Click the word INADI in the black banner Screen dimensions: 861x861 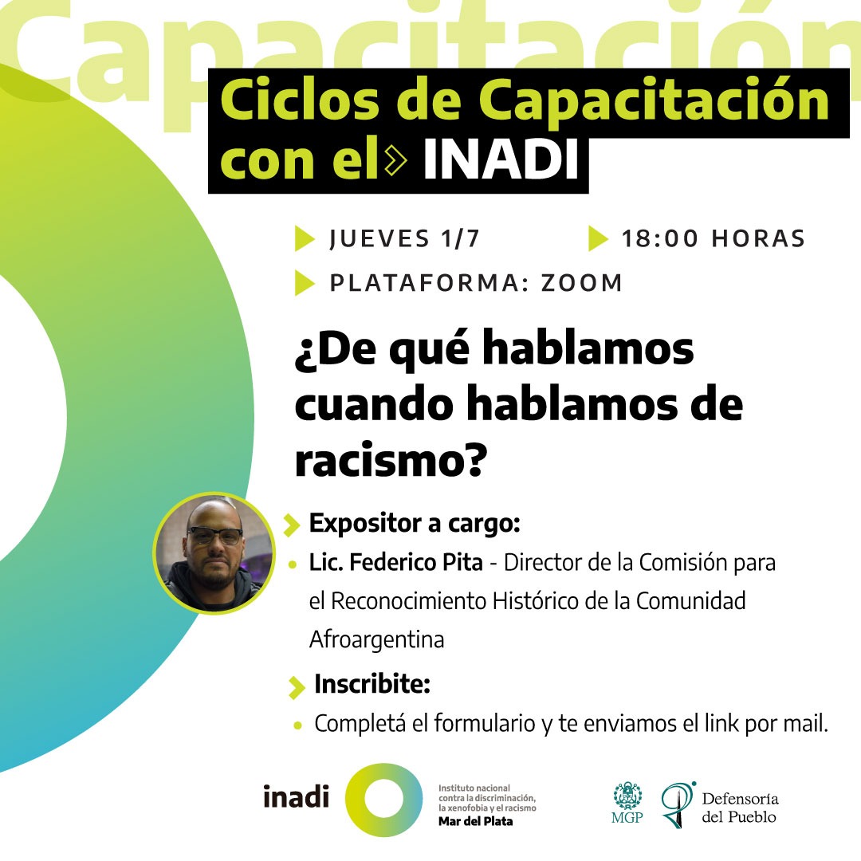pos(501,159)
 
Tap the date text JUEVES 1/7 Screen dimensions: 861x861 pos(405,239)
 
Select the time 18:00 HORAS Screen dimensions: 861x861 pos(714,239)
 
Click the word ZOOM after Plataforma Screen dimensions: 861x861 pos(582,283)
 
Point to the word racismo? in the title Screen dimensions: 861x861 pos(391,459)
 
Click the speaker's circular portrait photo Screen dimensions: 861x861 pos(214,552)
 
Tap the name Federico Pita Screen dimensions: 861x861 pos(416,562)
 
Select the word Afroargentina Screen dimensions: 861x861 pos(376,639)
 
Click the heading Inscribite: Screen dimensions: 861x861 pos(372,684)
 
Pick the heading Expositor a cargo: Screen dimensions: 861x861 pos(415,523)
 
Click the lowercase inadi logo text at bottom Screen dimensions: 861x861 pos(296,796)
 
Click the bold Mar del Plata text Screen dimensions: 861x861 pos(475,821)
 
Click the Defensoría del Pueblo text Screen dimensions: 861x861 pos(740,808)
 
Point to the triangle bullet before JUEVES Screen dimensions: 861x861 pos(305,238)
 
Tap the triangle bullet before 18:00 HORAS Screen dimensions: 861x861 pos(598,238)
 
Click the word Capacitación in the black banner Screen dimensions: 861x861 pos(654,100)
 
